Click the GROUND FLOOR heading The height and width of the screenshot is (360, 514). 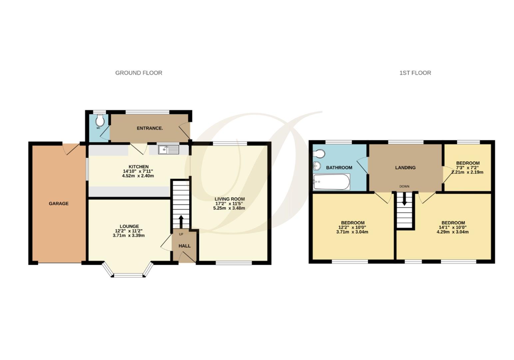[x=139, y=73]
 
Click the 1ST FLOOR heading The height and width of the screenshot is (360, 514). [x=415, y=73]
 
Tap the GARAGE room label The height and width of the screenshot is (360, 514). [x=59, y=203]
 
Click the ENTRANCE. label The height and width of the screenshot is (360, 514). [x=150, y=128]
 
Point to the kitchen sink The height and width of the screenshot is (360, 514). [x=168, y=150]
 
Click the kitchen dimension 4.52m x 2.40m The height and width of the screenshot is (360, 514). [x=138, y=176]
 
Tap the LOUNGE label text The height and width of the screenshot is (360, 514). [x=129, y=226]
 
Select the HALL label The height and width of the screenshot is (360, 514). [x=185, y=246]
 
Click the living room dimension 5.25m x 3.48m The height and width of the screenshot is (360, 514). [x=229, y=208]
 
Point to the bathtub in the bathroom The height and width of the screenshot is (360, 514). [x=331, y=182]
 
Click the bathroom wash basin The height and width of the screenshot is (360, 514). [x=317, y=165]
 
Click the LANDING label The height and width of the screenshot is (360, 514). [x=405, y=168]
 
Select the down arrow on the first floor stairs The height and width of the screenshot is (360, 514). [x=404, y=200]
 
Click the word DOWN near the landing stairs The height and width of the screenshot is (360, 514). [x=404, y=186]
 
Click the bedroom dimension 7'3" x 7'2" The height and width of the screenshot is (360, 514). [x=468, y=168]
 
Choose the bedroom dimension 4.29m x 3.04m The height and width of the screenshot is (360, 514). [x=453, y=232]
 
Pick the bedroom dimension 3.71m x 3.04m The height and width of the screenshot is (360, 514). [x=352, y=232]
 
